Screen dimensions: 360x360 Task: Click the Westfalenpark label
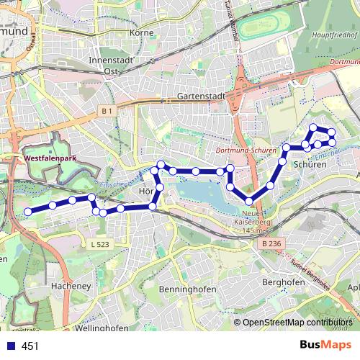tap(50, 155)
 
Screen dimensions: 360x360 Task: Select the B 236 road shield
tap(270, 245)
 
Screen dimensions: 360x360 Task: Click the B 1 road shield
tap(107, 110)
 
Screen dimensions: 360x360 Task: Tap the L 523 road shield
tap(100, 245)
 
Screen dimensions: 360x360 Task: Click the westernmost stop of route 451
tap(28, 211)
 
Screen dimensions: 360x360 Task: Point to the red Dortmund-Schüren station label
tap(246, 150)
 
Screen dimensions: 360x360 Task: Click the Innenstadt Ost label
tap(111, 66)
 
